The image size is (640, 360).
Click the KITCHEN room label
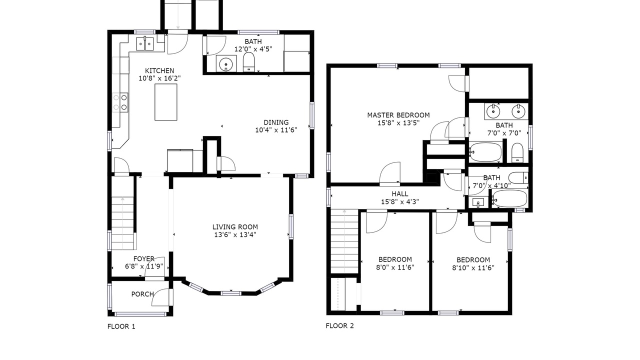coord(159,70)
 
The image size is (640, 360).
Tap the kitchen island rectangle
coord(165,102)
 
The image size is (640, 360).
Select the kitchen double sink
coord(145,43)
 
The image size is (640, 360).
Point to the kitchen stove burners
coord(120,102)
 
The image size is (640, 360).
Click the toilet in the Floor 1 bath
coord(248,61)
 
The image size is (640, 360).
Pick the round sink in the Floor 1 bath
coord(226,63)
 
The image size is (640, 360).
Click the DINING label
coord(276,122)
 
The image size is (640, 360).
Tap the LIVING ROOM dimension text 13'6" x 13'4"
coord(235,235)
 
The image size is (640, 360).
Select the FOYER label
coord(143,258)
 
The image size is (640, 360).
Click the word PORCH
coord(142,294)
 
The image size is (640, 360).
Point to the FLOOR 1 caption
coord(121,326)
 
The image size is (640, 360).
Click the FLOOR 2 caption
coord(339,325)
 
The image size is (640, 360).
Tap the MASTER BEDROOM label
coord(398,115)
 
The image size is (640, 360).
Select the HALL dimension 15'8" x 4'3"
coord(400,201)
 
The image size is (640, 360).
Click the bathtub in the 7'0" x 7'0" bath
coord(485,152)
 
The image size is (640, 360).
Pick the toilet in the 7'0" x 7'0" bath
coord(517,152)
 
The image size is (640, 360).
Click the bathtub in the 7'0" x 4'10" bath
coord(509,198)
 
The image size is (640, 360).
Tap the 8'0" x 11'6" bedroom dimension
coord(395,267)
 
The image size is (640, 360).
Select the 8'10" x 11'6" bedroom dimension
coord(473,267)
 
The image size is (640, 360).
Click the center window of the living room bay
coord(231,293)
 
